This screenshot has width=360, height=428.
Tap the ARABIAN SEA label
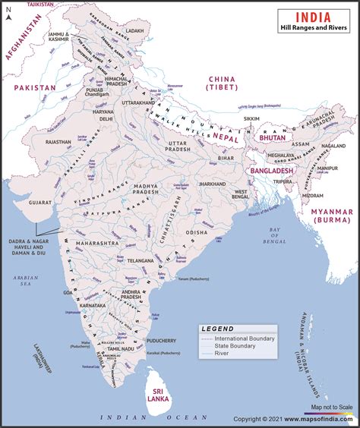tap(25, 283)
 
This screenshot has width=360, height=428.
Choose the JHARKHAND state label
tap(213, 184)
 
